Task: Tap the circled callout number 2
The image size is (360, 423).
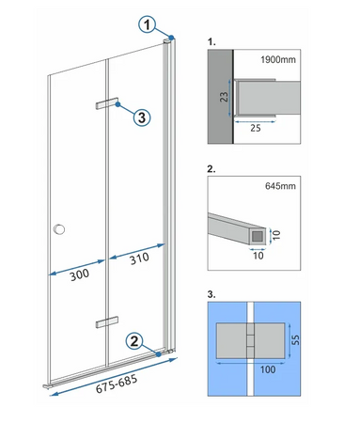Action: click(137, 341)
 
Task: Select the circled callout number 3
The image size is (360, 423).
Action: click(140, 117)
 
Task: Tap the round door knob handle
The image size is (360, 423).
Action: click(61, 228)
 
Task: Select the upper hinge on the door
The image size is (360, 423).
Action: click(105, 102)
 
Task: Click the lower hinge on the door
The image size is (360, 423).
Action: click(105, 323)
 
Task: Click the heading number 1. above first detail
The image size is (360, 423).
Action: click(211, 42)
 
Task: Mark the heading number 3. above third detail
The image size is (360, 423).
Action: click(211, 293)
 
